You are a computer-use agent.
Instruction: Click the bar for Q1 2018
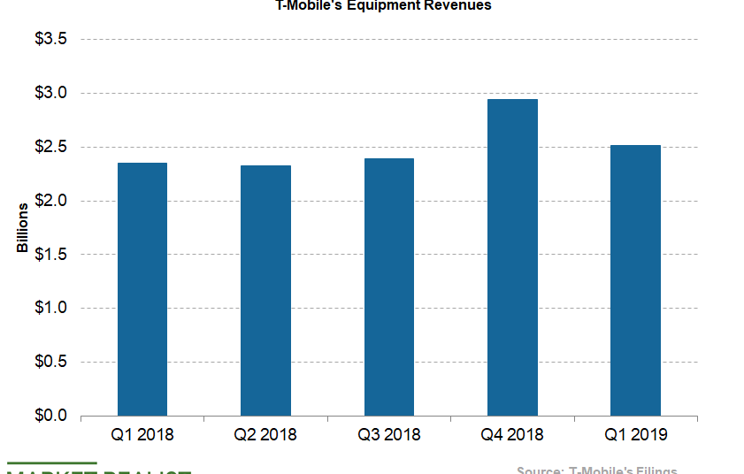[142, 289]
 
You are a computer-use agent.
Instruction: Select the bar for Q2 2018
[265, 290]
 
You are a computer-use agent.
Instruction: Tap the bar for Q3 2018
[389, 287]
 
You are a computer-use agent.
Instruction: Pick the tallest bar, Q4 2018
[512, 257]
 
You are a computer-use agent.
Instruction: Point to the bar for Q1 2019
[635, 280]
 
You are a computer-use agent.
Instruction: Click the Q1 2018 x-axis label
[142, 435]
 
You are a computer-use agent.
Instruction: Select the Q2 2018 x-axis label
[265, 435]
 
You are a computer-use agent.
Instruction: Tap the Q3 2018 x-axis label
[389, 435]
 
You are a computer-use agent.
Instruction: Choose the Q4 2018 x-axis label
[512, 435]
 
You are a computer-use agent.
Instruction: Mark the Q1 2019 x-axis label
[635, 435]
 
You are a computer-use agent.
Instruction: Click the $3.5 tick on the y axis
[52, 40]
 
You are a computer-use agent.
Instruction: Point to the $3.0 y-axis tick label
[52, 94]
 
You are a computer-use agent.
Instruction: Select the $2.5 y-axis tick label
[52, 147]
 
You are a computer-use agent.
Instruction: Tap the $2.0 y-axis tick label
[52, 201]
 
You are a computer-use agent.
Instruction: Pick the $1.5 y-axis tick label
[52, 255]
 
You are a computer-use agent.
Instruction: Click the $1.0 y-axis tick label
[52, 308]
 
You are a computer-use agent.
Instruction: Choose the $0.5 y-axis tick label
[52, 362]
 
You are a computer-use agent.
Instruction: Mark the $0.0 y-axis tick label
[52, 416]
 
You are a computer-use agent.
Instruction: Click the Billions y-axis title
[22, 227]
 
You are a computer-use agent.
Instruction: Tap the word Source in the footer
[539, 470]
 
